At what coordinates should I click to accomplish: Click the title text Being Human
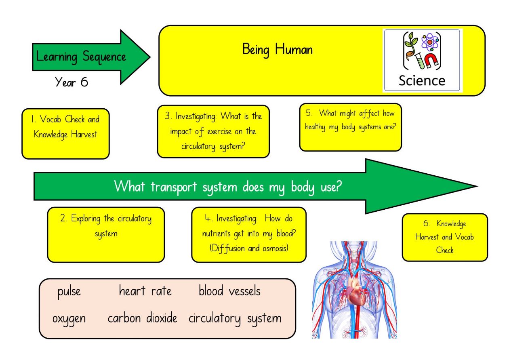tap(278, 50)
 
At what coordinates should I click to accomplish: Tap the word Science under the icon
tap(422, 80)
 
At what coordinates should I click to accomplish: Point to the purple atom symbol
tap(430, 42)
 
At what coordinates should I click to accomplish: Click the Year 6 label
tap(72, 82)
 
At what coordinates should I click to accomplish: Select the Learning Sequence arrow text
tap(81, 57)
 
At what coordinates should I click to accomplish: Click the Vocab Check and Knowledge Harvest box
tap(66, 134)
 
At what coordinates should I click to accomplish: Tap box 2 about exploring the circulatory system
tap(106, 235)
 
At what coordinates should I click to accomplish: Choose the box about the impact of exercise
tap(213, 131)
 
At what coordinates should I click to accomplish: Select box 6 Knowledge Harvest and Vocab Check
tap(445, 237)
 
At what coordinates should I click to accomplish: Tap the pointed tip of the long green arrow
tap(477, 186)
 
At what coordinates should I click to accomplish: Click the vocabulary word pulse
tap(69, 292)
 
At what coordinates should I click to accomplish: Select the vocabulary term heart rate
tap(145, 291)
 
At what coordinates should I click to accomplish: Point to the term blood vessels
tap(229, 291)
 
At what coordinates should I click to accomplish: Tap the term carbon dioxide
tap(143, 318)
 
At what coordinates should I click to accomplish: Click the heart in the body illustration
tap(355, 292)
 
